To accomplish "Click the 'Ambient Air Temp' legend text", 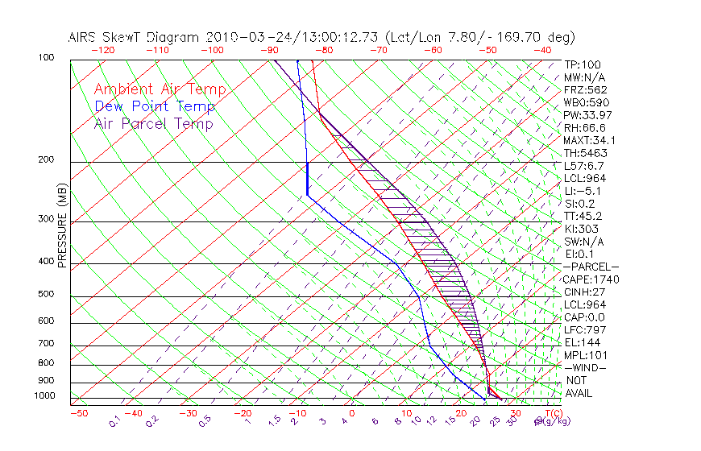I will tap(160, 89).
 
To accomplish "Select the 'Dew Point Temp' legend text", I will tap(154, 106).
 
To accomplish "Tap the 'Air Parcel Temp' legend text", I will tap(153, 123).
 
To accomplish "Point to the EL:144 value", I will tap(579, 342).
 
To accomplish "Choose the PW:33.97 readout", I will tap(585, 115).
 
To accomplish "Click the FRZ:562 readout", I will tap(582, 90).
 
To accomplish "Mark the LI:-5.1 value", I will tap(581, 191).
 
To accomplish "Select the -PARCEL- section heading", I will tap(591, 267).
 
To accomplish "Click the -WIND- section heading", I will tap(586, 367).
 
